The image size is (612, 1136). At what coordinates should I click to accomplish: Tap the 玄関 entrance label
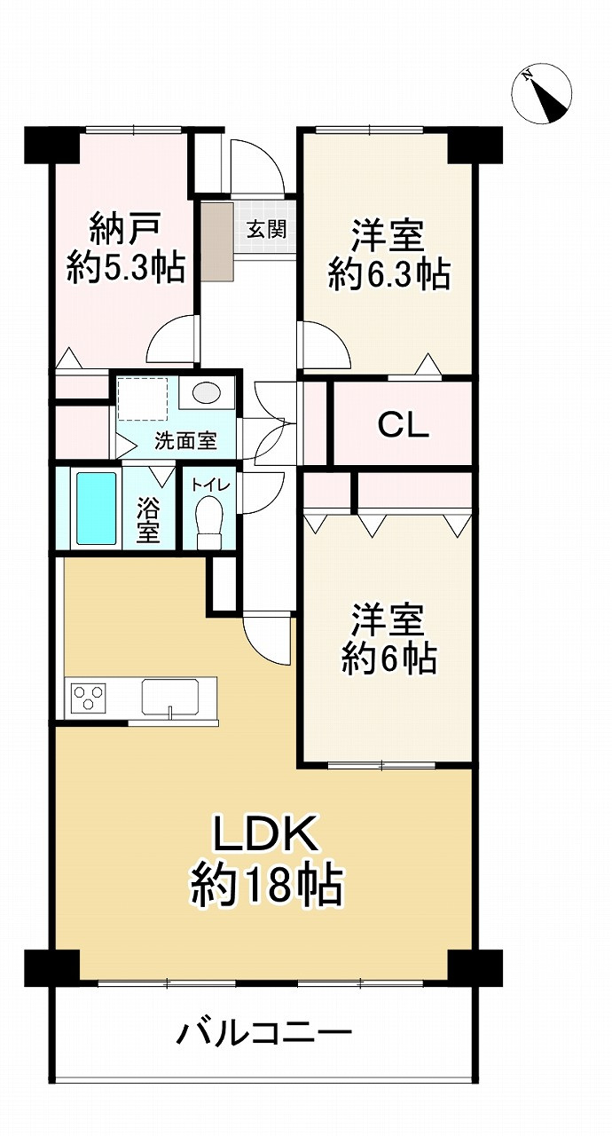point(266,229)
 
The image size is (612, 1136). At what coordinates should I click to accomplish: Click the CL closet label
point(404,426)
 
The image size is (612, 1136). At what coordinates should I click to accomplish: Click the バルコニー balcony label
point(264,1034)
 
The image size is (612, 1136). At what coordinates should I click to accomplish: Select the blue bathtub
point(97,509)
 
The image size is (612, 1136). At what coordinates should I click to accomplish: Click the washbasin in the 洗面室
point(208,394)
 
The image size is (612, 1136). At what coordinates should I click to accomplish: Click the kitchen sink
point(172,696)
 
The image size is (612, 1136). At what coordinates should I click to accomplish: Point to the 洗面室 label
point(184,440)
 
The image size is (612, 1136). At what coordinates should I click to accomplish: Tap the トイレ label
point(209,484)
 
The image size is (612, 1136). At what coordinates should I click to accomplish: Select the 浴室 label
point(148,522)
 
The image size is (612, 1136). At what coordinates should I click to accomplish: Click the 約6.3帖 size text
point(388,275)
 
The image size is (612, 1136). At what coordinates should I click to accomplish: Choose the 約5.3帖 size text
point(126,266)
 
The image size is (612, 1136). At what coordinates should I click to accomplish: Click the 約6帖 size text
point(388,659)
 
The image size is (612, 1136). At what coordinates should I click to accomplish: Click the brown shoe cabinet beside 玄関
point(216,242)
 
